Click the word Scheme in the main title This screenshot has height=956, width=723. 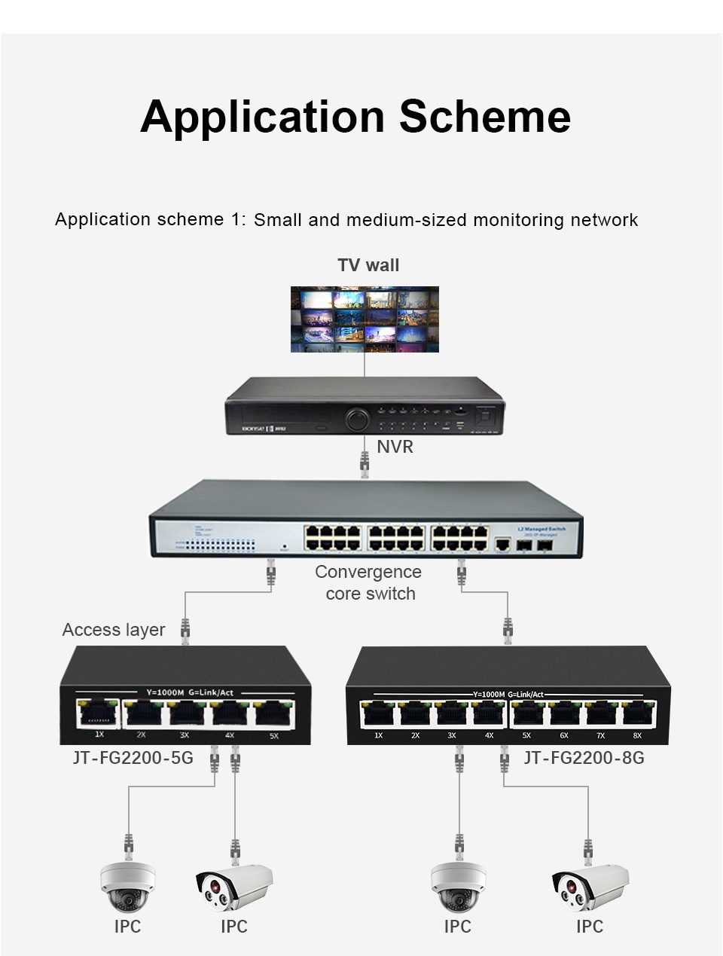[x=484, y=117]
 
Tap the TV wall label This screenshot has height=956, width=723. [x=368, y=265]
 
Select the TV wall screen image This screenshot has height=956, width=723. [x=365, y=319]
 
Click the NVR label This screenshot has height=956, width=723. [x=395, y=447]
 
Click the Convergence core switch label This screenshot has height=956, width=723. [x=368, y=582]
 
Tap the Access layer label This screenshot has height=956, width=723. [x=114, y=630]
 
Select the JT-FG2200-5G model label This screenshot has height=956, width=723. [x=133, y=757]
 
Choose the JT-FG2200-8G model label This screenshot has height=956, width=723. [x=584, y=757]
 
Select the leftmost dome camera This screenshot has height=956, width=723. [x=128, y=887]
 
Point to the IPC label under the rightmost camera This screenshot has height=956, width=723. [x=590, y=927]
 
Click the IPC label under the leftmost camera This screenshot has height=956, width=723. [x=128, y=927]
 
